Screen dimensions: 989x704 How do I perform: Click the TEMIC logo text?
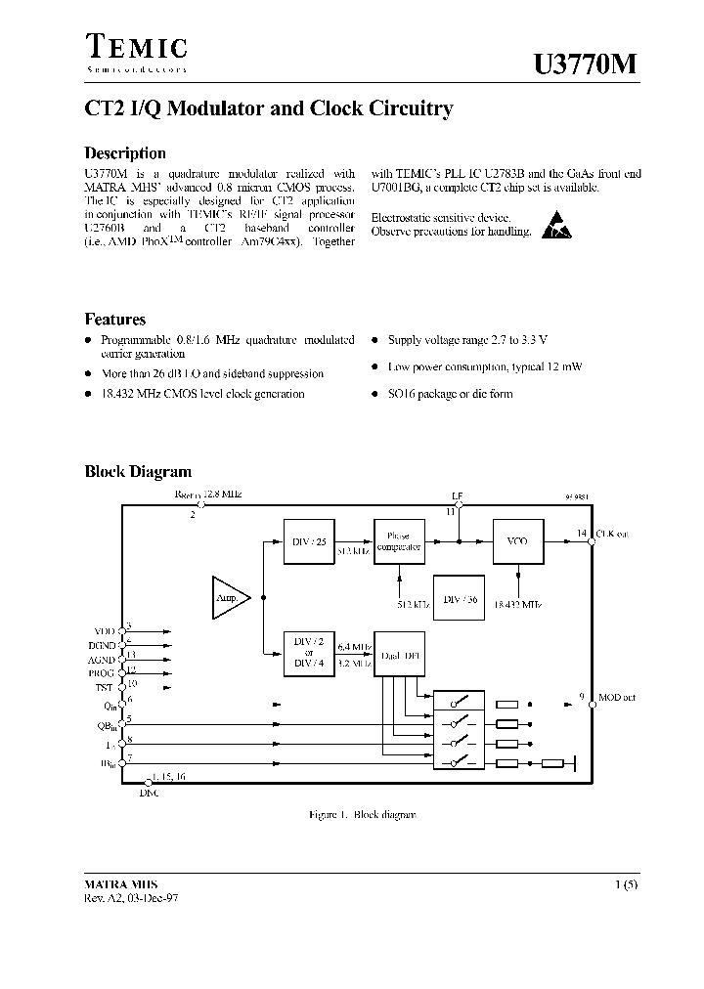point(137,47)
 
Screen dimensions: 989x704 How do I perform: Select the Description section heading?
point(125,153)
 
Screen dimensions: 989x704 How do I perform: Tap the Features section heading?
point(115,319)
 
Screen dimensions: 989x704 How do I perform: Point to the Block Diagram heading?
point(138,472)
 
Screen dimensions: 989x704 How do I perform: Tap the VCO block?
point(516,541)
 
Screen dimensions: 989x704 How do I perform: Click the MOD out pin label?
point(616,698)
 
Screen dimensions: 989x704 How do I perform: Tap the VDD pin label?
point(104,631)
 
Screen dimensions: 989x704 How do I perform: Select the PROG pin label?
point(102,673)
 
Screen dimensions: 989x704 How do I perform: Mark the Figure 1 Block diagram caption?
point(357,813)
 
